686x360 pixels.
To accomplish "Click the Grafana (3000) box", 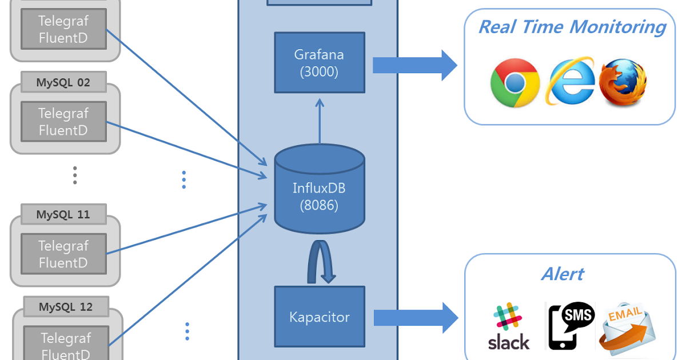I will (x=320, y=62).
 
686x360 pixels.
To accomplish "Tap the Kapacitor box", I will (x=320, y=317).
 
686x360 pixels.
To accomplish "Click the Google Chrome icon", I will (x=514, y=83).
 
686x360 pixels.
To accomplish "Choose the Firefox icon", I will (x=623, y=82).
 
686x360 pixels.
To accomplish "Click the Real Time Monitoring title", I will (x=571, y=27).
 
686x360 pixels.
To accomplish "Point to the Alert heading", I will (x=563, y=274).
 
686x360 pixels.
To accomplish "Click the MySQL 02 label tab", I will (x=63, y=82).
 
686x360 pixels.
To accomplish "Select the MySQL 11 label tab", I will (x=63, y=215).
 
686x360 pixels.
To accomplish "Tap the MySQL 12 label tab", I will (x=65, y=307).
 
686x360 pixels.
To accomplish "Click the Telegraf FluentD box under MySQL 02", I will (x=63, y=122).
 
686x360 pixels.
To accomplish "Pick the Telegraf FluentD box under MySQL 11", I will (x=63, y=254).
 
